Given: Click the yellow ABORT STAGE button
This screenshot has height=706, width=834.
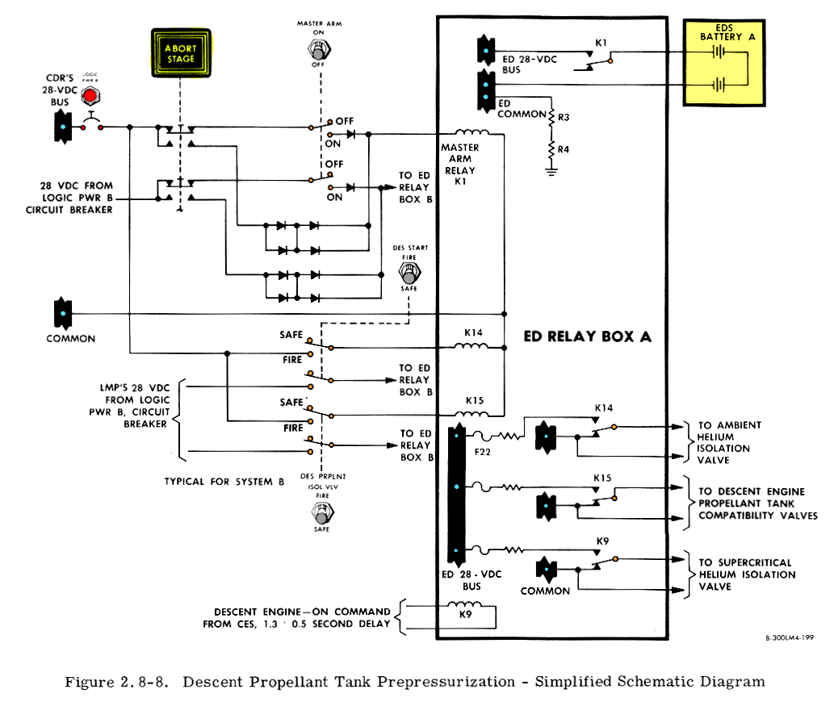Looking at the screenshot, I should pyautogui.click(x=181, y=53).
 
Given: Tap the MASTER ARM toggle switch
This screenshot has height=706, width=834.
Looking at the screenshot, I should pyautogui.click(x=321, y=50).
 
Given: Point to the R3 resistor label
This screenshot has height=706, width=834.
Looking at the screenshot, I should pyautogui.click(x=564, y=118).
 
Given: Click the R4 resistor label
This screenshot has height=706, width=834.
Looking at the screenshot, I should pyautogui.click(x=564, y=149).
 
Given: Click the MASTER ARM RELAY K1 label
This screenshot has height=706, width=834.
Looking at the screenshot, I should pyautogui.click(x=459, y=165).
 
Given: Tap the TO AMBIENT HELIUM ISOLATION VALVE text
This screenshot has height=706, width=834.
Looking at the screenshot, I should pyautogui.click(x=730, y=442).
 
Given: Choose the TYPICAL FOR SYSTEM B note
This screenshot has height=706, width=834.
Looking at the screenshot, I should pyautogui.click(x=224, y=482).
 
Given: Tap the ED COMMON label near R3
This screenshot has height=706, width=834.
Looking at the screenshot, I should pyautogui.click(x=522, y=109).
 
